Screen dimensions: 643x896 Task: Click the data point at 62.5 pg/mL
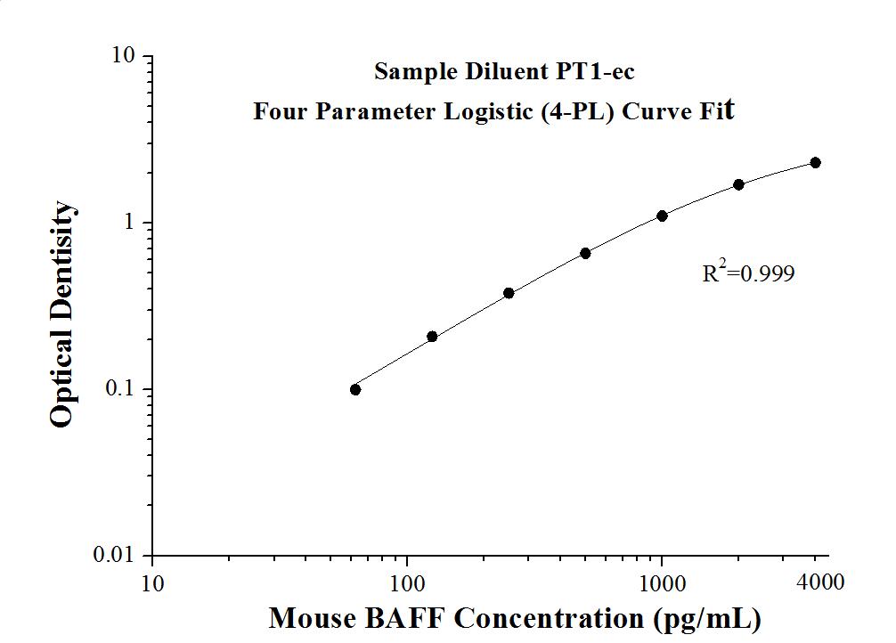355,389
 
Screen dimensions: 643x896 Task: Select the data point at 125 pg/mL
432,337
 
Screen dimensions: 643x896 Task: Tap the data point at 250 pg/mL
509,293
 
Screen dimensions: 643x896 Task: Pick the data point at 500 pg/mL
585,253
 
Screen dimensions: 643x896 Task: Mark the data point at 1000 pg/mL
662,216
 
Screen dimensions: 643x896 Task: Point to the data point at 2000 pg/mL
738,184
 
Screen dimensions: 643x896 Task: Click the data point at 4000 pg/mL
815,162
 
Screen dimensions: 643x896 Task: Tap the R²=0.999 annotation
748,273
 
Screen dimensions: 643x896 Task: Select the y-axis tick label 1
129,223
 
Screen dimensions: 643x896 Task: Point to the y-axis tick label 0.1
120,389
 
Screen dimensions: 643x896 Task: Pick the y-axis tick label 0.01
116,556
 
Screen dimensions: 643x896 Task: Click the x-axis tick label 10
152,584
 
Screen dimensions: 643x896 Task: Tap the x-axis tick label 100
407,584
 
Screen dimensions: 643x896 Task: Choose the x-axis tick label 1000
662,584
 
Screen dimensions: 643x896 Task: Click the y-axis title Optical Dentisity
61,314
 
